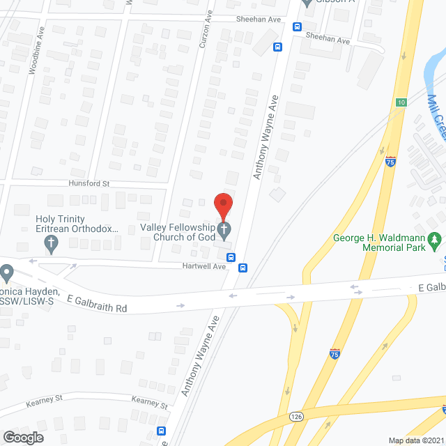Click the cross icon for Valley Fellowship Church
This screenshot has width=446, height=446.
pyautogui.click(x=224, y=229)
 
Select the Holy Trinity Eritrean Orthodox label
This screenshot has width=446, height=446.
pyautogui.click(x=77, y=224)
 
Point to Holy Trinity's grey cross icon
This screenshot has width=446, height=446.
pyautogui.click(x=51, y=243)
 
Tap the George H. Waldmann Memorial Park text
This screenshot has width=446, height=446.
pyautogui.click(x=378, y=243)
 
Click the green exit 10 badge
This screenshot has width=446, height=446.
pyautogui.click(x=401, y=102)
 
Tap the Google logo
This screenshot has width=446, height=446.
pyautogui.click(x=24, y=437)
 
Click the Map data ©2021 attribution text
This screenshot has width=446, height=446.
pyautogui.click(x=415, y=440)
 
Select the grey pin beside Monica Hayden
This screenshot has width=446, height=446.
pyautogui.click(x=7, y=271)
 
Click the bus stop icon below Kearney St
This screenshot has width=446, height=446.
pyautogui.click(x=162, y=431)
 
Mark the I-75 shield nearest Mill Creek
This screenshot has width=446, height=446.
pyautogui.click(x=390, y=161)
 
